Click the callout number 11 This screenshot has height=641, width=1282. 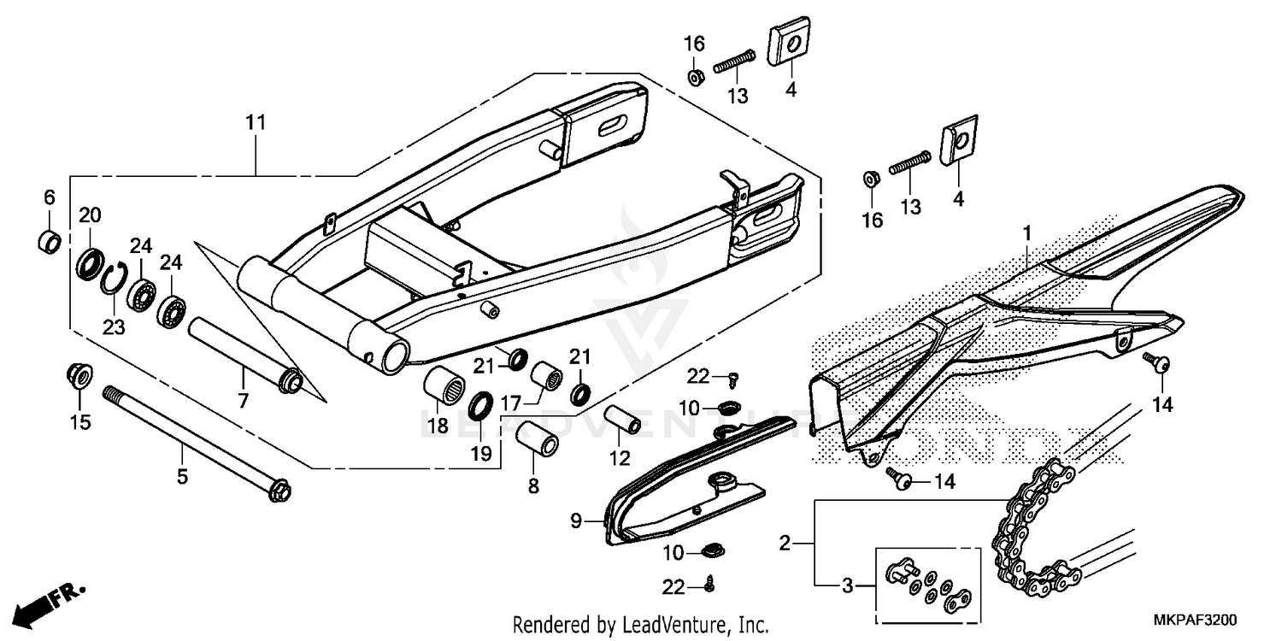point(256,123)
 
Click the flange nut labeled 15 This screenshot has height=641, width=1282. point(79,375)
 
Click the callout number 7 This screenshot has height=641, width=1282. point(243,399)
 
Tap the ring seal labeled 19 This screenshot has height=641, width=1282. point(481,404)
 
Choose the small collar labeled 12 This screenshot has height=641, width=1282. point(622,419)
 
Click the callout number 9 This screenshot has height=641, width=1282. point(575,520)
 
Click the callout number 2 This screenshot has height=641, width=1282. point(785,542)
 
